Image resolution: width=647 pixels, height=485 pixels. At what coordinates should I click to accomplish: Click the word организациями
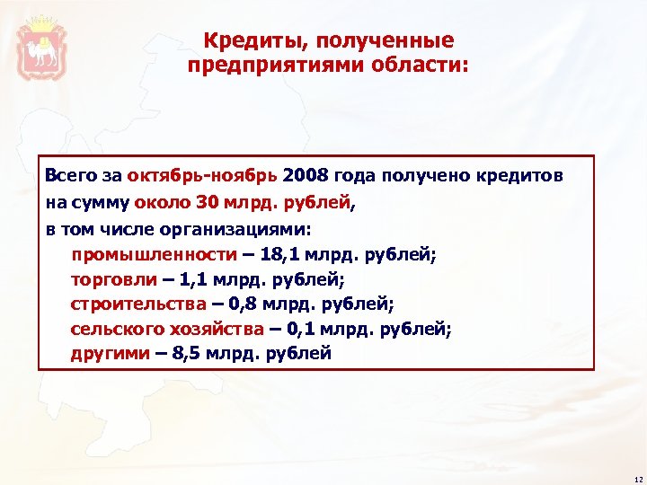click(x=214, y=229)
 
